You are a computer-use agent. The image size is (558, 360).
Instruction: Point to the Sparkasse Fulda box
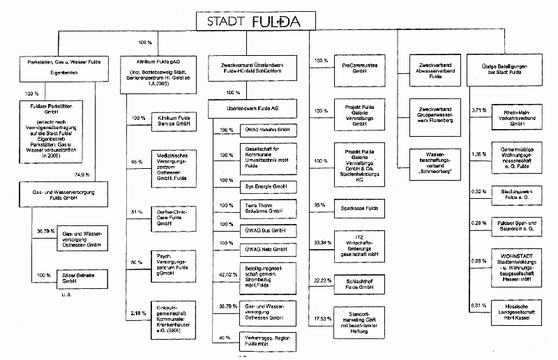pos(360,208)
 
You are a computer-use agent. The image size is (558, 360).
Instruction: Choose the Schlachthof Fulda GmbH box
pos(360,283)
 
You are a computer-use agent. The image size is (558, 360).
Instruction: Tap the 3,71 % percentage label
pos(479,110)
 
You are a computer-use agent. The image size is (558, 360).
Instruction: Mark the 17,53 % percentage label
pos(322,318)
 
